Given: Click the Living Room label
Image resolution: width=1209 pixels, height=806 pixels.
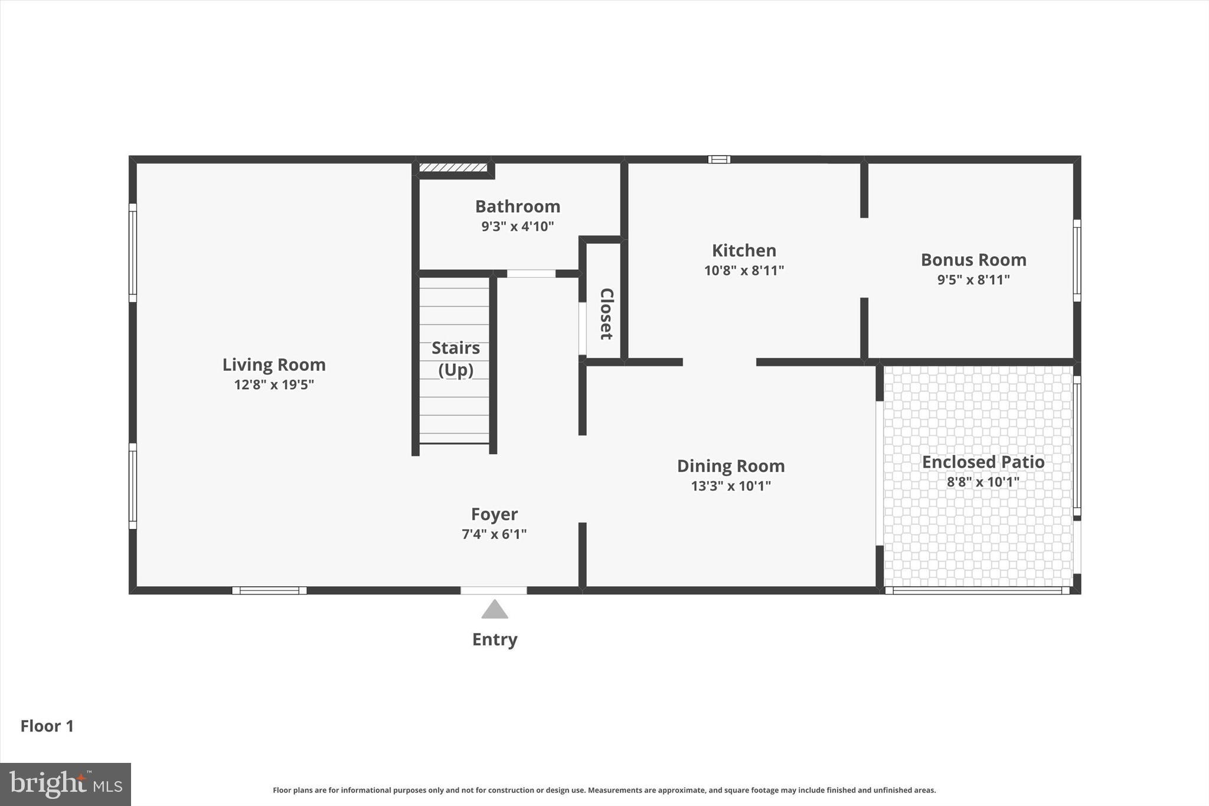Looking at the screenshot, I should coord(274,365).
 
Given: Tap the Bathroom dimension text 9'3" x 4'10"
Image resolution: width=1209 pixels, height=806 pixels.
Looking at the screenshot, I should coord(518,226).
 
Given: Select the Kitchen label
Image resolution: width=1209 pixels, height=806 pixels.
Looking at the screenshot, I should coord(744,250).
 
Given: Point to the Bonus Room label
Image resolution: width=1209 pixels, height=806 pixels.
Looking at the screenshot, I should coord(973,260).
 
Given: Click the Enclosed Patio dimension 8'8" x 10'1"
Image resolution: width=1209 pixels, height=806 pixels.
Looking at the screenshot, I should coord(983,482).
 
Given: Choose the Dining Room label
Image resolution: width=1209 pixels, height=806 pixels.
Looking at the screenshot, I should coord(731,466).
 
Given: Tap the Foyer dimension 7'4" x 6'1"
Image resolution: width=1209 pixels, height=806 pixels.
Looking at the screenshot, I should coord(494,534).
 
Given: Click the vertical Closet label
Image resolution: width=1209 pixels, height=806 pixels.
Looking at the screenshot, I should coord(606,314).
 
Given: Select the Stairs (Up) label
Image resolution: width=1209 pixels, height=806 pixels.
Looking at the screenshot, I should coord(456,358).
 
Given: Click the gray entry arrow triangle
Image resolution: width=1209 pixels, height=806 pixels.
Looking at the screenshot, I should coord(495,610).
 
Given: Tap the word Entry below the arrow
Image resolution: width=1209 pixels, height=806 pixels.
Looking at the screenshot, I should coord(495,639).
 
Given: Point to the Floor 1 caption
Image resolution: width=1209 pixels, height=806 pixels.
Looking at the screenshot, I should coord(47,726).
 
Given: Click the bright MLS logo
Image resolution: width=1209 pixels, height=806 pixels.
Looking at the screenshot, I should coord(66,784).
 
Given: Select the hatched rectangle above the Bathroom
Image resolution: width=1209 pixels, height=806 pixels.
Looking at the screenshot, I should coord(453,168).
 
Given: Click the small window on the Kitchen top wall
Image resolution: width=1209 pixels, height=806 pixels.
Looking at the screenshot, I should coord(719,159).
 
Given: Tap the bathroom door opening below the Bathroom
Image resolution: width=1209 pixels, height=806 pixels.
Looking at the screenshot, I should coord(531,273).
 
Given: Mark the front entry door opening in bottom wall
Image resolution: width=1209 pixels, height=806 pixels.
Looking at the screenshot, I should coord(494,590).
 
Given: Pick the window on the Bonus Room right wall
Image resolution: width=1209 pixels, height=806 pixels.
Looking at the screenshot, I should coord(1077,260).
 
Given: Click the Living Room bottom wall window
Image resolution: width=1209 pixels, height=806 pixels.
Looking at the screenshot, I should coord(269,590).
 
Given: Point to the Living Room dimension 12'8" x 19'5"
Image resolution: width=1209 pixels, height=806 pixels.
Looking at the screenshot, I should coord(274,385).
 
